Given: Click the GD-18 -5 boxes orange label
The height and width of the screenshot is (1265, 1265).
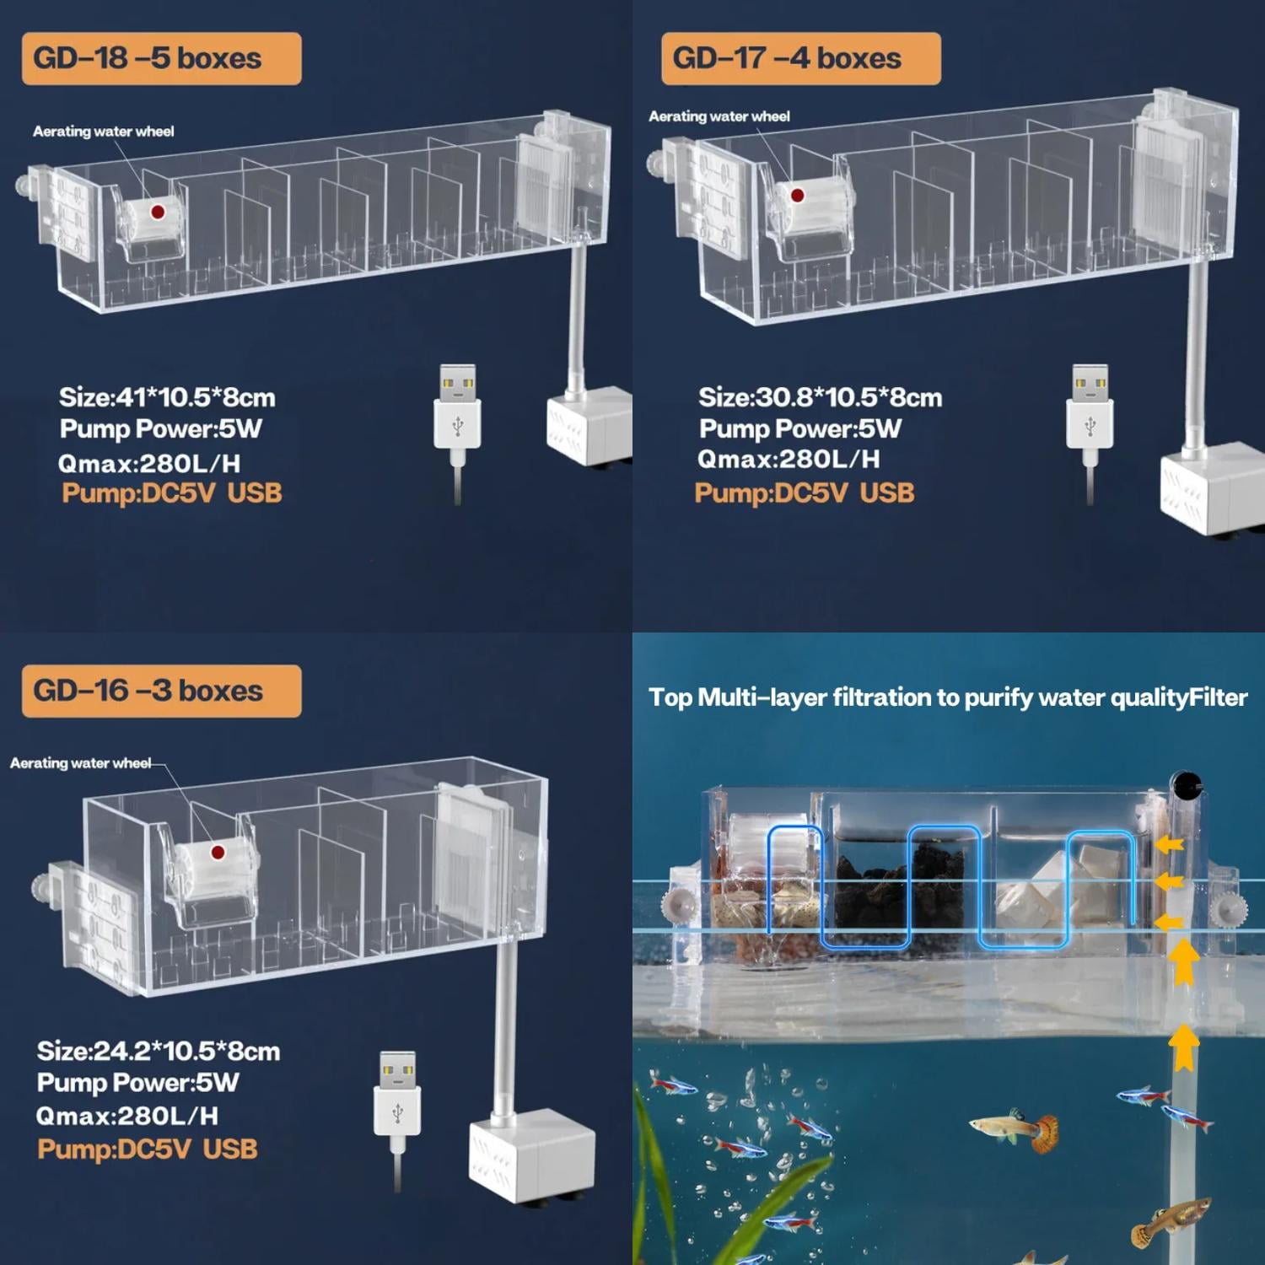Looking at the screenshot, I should [161, 58].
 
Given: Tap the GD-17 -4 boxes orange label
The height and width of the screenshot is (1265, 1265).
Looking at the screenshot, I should [800, 58].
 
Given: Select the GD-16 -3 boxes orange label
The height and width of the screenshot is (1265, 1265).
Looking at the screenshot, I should [161, 691].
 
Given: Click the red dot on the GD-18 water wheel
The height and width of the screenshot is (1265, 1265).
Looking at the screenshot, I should [158, 212].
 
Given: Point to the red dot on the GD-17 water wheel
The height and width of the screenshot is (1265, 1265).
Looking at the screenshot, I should [798, 196].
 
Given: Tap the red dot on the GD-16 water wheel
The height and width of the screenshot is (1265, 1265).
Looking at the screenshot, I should [218, 853].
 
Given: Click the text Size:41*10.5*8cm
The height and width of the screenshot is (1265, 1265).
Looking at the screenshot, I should [167, 397].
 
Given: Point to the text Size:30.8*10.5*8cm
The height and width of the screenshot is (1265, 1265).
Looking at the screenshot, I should [820, 397].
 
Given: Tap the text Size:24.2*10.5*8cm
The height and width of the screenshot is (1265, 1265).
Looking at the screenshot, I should [159, 1051].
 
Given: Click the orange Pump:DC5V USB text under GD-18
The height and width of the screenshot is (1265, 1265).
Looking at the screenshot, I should [172, 493].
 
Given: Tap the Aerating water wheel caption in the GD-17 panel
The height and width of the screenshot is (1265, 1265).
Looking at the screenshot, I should [719, 116].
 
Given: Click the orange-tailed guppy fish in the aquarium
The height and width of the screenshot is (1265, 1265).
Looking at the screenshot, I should [1016, 1130].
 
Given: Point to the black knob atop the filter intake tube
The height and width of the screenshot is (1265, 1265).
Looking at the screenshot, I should [1187, 785].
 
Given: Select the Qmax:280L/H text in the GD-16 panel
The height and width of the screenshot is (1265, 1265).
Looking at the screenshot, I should [127, 1116].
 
